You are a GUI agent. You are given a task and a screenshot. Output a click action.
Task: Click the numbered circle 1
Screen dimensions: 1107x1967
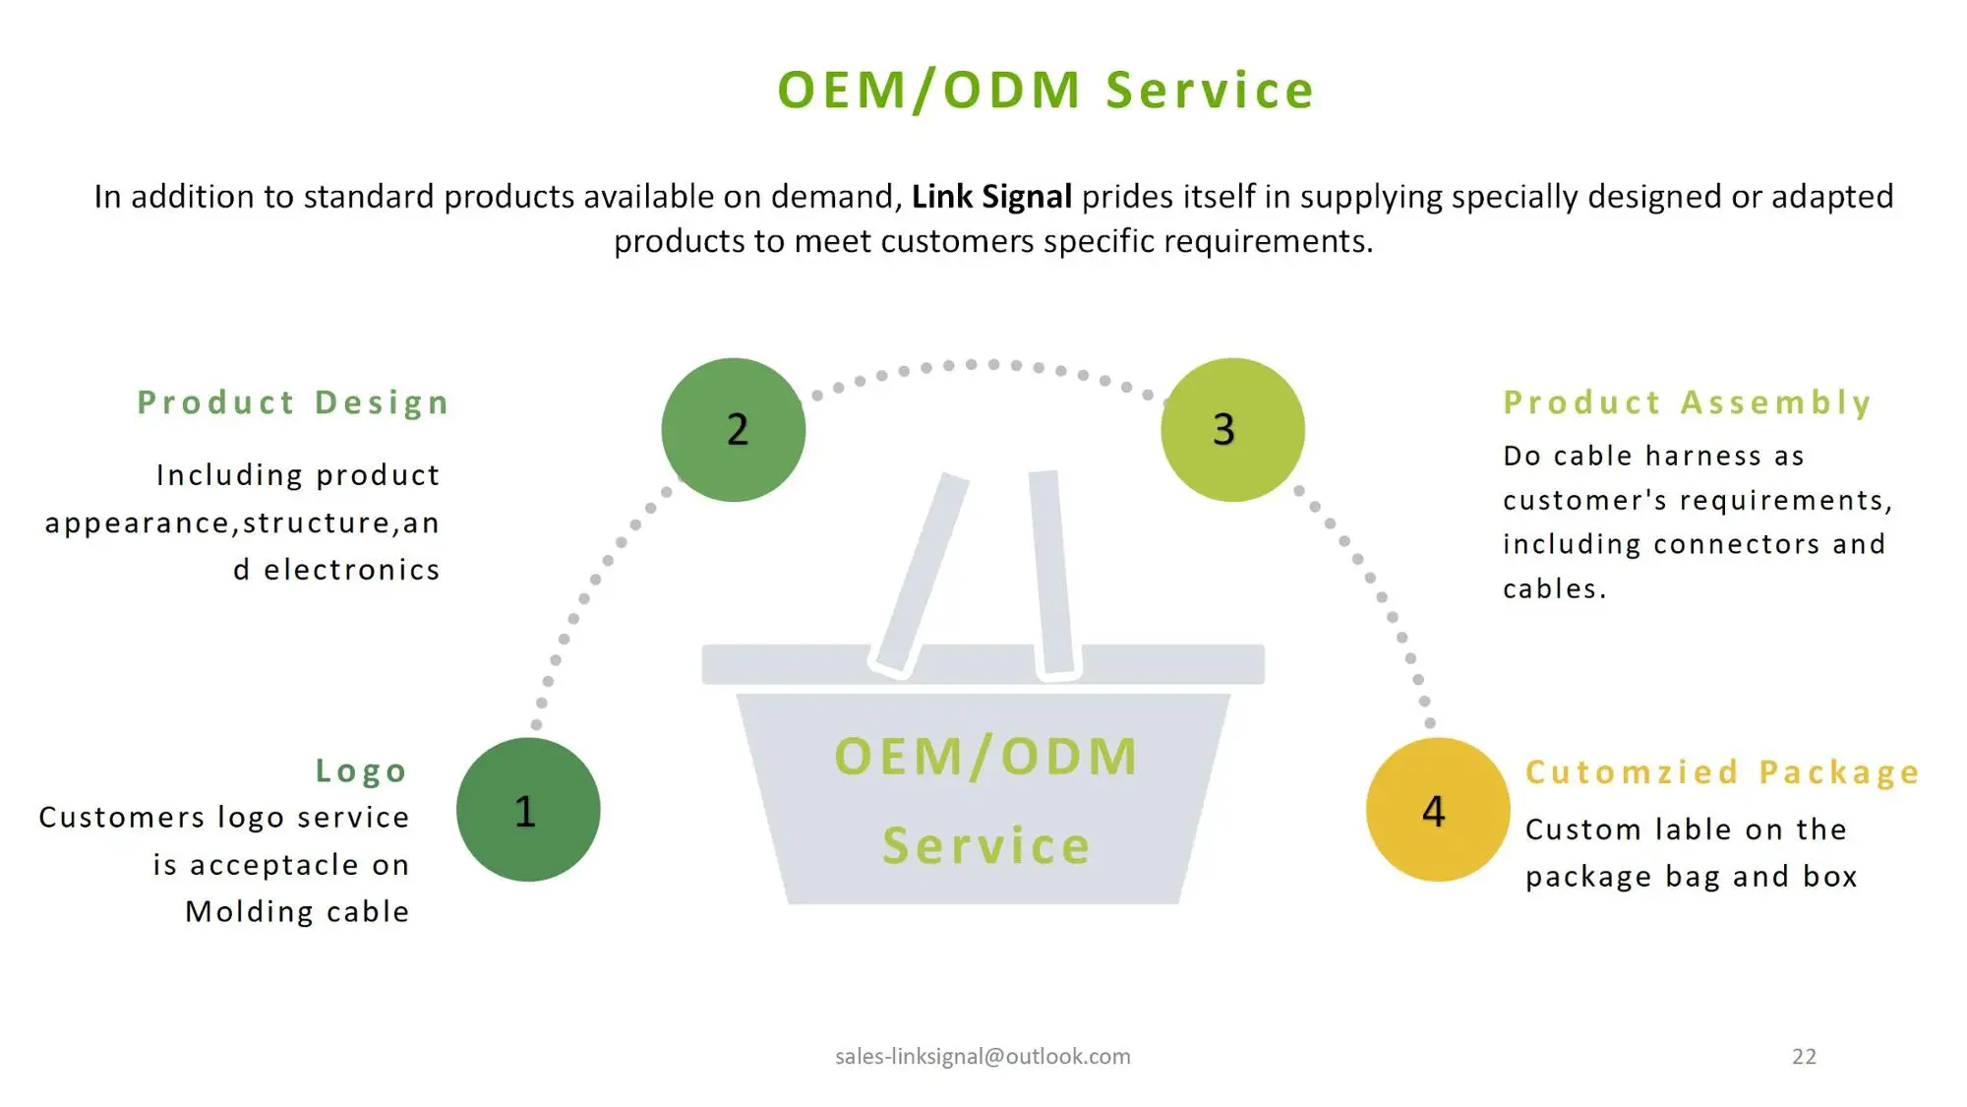528,809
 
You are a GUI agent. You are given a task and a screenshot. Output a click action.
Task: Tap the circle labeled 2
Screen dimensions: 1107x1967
734,430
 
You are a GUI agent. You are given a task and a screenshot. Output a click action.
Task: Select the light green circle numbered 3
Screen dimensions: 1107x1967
1232,430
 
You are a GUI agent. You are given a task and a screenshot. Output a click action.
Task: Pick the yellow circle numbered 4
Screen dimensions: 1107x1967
1437,809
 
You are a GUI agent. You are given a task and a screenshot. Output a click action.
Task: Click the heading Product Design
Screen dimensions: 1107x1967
293,402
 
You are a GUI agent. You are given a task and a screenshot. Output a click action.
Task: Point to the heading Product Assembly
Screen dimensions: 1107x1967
1687,402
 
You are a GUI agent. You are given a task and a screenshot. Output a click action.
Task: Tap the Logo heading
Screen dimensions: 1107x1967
361,770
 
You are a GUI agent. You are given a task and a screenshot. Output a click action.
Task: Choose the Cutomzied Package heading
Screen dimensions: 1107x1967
1722,772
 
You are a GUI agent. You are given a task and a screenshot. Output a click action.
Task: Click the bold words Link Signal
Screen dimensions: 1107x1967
991,197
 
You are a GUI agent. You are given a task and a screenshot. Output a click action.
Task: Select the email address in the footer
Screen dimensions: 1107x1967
983,1056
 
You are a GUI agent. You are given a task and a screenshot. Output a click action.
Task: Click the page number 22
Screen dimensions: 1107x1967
1804,1056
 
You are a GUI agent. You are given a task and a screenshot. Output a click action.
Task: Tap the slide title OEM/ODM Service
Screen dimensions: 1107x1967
1045,91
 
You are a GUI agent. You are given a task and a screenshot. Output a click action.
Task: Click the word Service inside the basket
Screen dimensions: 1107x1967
986,845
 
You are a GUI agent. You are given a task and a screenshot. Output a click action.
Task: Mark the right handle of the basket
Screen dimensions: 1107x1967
1051,573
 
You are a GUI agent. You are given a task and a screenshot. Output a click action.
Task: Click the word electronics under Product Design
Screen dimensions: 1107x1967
351,570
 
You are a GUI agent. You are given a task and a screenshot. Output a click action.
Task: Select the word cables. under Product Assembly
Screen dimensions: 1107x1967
1554,588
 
